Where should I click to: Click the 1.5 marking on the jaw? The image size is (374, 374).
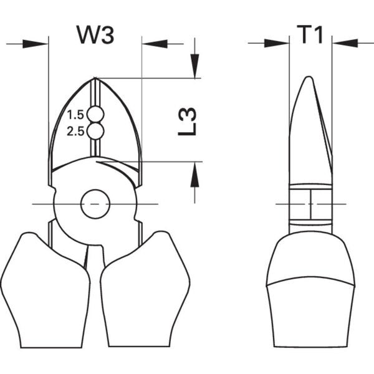pos(75,115)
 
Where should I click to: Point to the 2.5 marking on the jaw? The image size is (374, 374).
pos(75,131)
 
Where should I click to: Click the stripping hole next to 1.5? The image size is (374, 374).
pos(95,114)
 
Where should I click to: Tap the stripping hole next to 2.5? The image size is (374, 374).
pos(95,131)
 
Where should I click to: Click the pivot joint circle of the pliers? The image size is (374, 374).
pos(95,203)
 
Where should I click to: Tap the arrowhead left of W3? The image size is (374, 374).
pos(36,44)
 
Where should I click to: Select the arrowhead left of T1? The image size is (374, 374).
pos(278,43)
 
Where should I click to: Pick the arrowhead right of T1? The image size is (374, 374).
pos(344,43)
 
